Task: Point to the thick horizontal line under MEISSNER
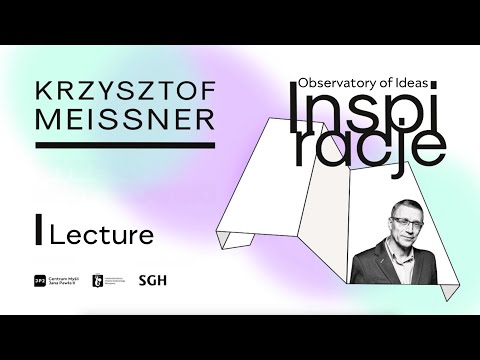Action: click(125, 146)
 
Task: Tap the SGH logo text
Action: click(152, 282)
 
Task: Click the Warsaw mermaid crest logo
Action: click(97, 282)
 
